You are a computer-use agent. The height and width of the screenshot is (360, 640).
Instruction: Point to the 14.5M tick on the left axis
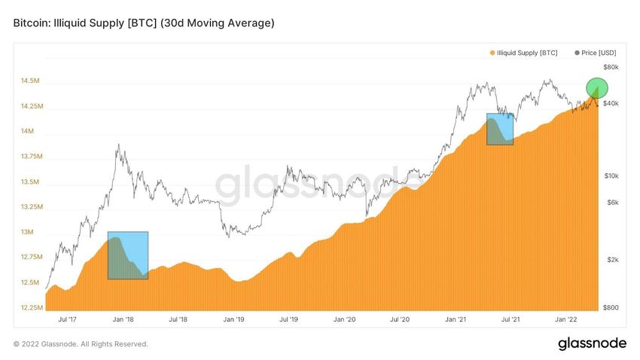pos(31,81)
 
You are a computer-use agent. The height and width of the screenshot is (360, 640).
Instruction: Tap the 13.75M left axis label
pos(29,156)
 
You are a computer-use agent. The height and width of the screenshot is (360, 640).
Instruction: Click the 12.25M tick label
pos(29,307)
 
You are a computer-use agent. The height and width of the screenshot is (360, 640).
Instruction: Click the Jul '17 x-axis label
pos(68,319)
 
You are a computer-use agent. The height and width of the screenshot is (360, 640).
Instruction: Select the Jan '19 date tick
pos(234,319)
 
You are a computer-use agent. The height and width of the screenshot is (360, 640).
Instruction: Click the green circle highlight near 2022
pos(596,88)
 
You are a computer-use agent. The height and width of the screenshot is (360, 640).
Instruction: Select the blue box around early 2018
pos(128,255)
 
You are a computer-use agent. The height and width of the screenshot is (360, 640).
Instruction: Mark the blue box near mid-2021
pos(500,129)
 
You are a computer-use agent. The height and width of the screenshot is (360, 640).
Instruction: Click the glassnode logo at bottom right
pos(592,343)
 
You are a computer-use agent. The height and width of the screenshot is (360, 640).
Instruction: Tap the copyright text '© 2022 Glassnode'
pos(81,344)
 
